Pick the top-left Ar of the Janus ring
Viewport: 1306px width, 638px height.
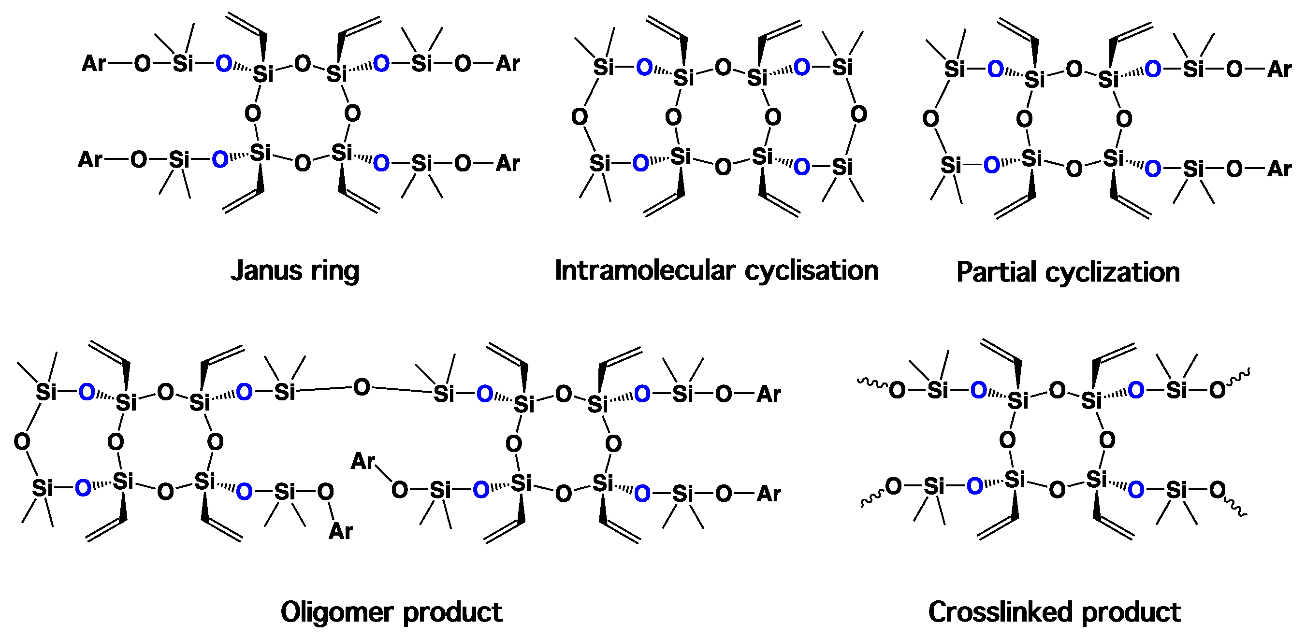click(94, 64)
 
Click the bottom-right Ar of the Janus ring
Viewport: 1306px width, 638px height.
click(508, 163)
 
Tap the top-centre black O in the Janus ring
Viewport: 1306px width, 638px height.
click(303, 64)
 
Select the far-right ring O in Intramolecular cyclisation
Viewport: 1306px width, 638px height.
click(858, 114)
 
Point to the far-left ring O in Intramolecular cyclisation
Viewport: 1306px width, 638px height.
click(580, 117)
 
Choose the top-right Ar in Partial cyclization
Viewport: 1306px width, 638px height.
click(1278, 70)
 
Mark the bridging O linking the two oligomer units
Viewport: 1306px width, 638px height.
click(362, 388)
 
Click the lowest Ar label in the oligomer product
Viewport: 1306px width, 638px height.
click(340, 531)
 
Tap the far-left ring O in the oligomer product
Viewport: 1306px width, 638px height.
click(22, 441)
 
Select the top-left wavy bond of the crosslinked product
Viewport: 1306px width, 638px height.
click(872, 382)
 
